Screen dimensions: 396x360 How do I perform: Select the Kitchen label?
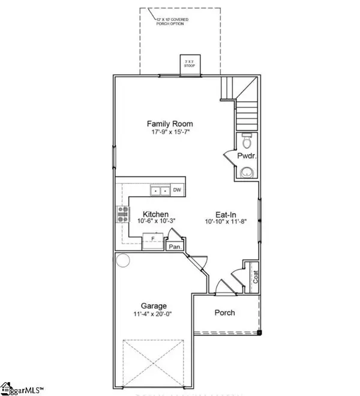coord(155,214)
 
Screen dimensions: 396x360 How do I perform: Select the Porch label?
coord(225,313)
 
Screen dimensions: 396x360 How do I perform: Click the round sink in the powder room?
coord(245,173)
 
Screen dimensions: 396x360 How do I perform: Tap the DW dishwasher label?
coord(177,190)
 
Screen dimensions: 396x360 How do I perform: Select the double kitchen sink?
coord(159,191)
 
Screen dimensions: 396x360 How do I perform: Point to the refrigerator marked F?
coord(152,239)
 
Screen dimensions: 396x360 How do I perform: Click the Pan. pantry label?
coord(176,246)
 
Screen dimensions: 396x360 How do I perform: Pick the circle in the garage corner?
coord(123,260)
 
